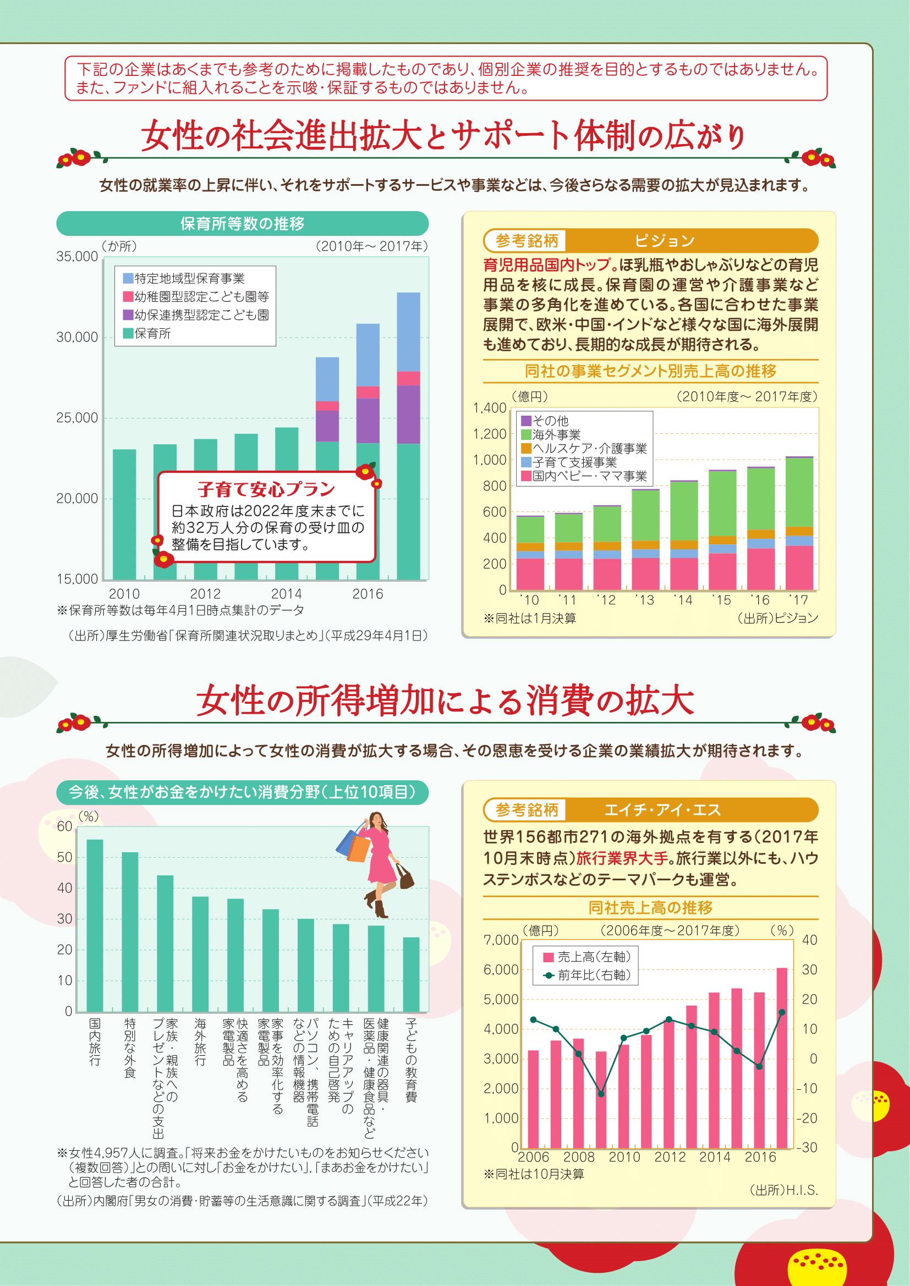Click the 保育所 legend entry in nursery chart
[x=152, y=333]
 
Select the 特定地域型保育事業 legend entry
[x=189, y=278]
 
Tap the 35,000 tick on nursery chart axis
[x=77, y=257]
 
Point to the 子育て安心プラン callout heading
[x=266, y=489]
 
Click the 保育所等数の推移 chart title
[x=242, y=223]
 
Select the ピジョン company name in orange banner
[x=664, y=241]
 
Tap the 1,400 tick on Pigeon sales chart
[x=490, y=408]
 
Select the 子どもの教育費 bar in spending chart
[x=412, y=974]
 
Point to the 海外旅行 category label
[x=200, y=1042]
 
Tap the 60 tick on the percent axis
[x=65, y=827]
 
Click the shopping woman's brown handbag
[x=405, y=877]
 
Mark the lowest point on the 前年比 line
[x=601, y=1094]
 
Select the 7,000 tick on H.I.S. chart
[x=500, y=940]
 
